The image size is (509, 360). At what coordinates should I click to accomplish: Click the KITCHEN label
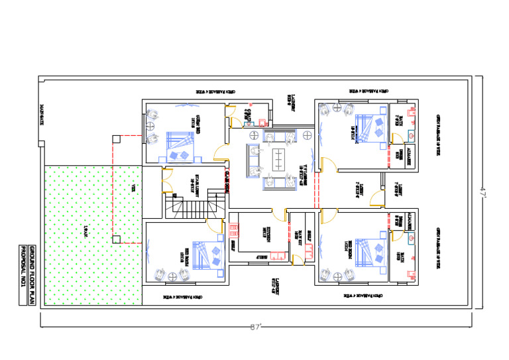pyautogui.click(x=264, y=233)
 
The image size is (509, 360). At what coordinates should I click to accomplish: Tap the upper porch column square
pyautogui.click(x=116, y=139)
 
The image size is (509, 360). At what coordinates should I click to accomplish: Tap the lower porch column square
pyautogui.click(x=116, y=239)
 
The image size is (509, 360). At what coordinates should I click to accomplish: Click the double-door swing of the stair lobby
pyautogui.click(x=166, y=181)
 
